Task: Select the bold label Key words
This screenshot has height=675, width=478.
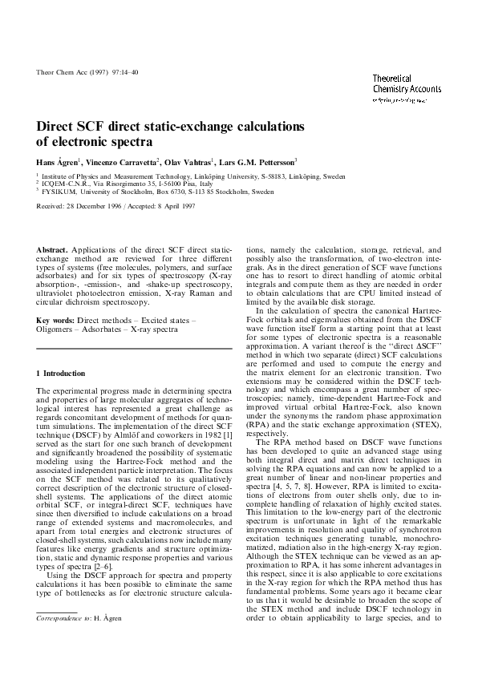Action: (x=55, y=320)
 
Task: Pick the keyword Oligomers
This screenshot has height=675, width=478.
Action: (x=57, y=329)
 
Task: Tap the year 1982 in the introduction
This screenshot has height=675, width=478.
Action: (x=218, y=439)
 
